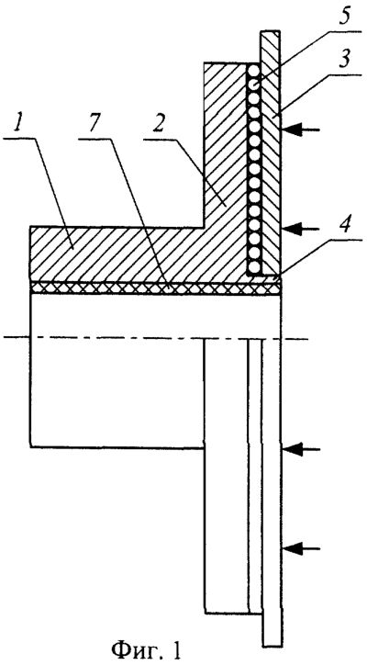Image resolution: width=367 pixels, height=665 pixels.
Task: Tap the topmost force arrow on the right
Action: click(x=302, y=130)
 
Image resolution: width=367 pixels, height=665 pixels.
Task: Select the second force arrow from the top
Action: click(x=302, y=229)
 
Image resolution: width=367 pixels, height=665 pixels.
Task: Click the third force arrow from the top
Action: click(x=302, y=449)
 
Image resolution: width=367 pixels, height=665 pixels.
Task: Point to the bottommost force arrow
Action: click(x=302, y=548)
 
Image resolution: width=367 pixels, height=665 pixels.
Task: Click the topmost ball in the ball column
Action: click(x=254, y=70)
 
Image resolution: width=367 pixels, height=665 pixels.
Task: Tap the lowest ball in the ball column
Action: click(x=254, y=267)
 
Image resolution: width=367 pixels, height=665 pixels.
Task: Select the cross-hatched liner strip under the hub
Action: click(x=155, y=288)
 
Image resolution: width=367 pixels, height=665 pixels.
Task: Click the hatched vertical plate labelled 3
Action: click(x=270, y=152)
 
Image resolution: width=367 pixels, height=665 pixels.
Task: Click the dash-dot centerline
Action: click(x=155, y=338)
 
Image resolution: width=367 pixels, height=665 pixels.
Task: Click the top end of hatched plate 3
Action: click(x=270, y=31)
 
